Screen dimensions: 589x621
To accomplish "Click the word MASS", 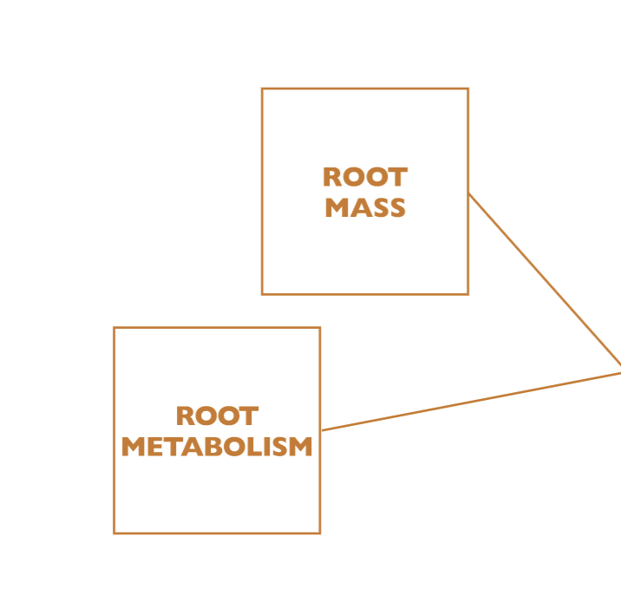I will [365, 208].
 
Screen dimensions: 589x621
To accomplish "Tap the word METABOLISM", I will [217, 447].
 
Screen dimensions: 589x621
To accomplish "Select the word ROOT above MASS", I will [365, 178].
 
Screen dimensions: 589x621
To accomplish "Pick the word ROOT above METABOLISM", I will [217, 416].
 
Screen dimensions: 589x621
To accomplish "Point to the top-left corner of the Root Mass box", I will [262, 88].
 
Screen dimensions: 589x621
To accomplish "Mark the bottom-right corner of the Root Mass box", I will [467, 294].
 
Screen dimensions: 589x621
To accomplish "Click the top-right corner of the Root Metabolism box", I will [320, 328].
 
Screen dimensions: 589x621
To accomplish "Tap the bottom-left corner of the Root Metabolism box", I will [114, 533].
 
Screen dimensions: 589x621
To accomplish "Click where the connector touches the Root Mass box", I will [468, 193].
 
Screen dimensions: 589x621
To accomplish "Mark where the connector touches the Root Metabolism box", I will [321, 430].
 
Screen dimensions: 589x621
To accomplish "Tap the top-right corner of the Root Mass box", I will [467, 88].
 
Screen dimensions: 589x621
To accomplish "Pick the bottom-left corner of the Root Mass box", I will [262, 294].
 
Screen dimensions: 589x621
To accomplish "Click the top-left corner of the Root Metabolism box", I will [114, 328].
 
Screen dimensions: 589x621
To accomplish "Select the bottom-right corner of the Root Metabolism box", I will [320, 533].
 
